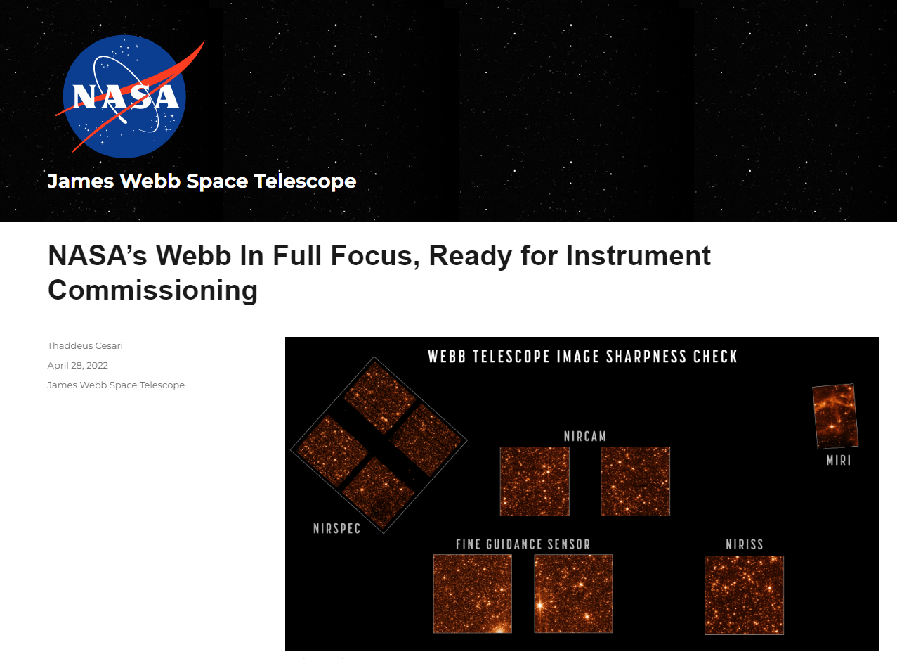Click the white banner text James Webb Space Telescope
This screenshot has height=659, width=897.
202,181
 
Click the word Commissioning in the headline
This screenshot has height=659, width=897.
152,290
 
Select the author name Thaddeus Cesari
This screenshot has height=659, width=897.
85,345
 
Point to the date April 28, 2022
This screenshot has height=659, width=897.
78,365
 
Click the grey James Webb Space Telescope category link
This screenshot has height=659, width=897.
116,385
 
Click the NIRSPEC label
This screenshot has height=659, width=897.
336,528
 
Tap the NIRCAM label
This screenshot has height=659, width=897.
585,436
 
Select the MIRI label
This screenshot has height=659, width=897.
839,460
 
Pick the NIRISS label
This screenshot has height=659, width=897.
745,544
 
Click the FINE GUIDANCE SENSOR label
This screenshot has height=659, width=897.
523,544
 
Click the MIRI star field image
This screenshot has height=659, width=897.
835,416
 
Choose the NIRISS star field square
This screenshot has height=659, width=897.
744,595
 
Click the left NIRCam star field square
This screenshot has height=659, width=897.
535,481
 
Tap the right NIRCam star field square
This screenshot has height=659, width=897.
636,481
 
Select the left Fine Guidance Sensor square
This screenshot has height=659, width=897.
473,594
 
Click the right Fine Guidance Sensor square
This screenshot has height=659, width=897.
573,594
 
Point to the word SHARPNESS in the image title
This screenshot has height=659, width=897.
646,357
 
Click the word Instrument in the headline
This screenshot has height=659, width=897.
639,255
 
